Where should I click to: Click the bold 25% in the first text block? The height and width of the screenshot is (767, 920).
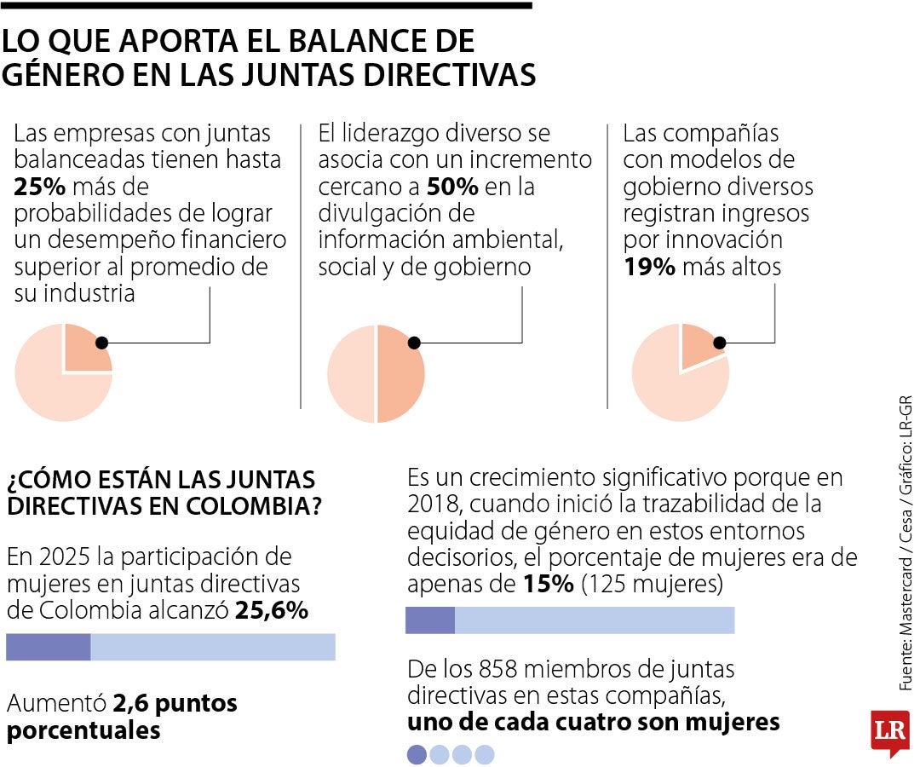[x=35, y=187]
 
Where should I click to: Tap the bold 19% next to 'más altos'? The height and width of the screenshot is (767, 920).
[x=649, y=267]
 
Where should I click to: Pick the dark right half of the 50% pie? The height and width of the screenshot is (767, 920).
[x=400, y=375]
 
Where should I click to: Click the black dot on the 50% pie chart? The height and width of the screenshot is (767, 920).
[x=414, y=343]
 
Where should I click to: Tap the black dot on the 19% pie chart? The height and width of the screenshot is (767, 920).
[x=719, y=343]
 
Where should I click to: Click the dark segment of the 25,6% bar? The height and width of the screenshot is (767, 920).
[x=48, y=648]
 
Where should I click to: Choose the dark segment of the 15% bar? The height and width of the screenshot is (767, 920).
[x=429, y=620]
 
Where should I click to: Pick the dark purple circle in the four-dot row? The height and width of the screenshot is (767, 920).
[x=417, y=754]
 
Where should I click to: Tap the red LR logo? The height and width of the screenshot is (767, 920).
[x=889, y=730]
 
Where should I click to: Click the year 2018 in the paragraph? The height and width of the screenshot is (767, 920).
[x=433, y=503]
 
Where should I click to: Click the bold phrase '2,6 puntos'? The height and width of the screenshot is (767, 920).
[x=175, y=704]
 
